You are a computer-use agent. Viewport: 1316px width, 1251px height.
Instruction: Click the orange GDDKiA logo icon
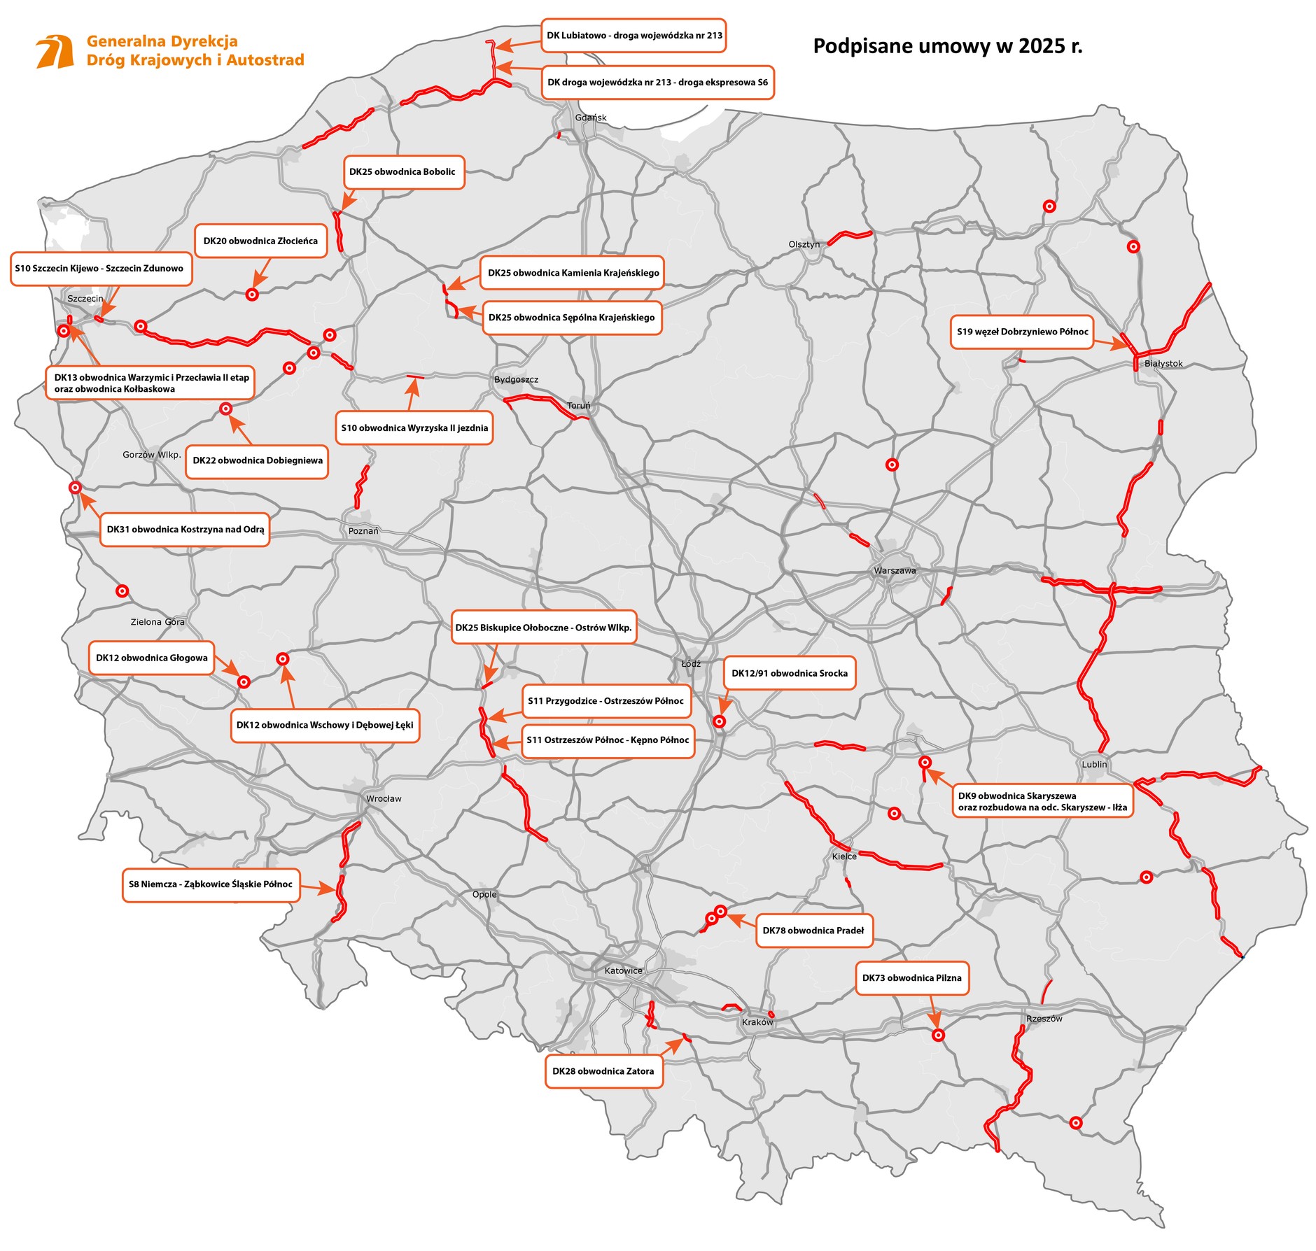pos(55,51)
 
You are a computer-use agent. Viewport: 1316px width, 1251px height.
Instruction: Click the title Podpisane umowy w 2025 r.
pos(947,46)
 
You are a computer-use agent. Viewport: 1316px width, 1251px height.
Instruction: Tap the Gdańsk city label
pos(590,118)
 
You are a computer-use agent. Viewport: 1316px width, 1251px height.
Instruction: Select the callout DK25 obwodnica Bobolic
pos(403,172)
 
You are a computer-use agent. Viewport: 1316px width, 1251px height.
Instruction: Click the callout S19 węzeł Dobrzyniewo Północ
pos(1022,332)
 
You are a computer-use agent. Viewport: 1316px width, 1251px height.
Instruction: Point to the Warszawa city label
pos(894,570)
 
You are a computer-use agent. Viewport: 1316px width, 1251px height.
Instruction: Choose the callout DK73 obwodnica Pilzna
pos(911,978)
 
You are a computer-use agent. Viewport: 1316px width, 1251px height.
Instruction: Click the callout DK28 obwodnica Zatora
pos(603,1071)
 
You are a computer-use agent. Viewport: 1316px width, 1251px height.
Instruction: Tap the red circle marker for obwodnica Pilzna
pos(938,1035)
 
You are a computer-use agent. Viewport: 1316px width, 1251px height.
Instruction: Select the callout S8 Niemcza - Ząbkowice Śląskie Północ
pos(210,884)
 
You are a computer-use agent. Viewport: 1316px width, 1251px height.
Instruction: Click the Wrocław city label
pos(384,798)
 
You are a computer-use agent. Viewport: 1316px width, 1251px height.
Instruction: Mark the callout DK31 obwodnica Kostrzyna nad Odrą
pos(185,530)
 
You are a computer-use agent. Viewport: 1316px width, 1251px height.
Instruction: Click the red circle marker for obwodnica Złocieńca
pos(252,295)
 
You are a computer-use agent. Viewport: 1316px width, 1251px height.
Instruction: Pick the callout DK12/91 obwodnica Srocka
pos(789,673)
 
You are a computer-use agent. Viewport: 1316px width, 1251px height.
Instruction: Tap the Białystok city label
pos(1163,363)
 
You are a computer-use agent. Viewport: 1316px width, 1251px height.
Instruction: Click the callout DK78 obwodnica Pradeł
pos(813,931)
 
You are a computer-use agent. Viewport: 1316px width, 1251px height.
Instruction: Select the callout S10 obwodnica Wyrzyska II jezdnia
pos(414,428)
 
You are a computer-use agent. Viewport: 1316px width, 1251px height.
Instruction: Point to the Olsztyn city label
pos(804,244)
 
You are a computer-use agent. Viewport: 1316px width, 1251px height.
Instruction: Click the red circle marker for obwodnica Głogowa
pos(244,681)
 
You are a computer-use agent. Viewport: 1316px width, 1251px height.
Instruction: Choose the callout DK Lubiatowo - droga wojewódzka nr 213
pos(633,36)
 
